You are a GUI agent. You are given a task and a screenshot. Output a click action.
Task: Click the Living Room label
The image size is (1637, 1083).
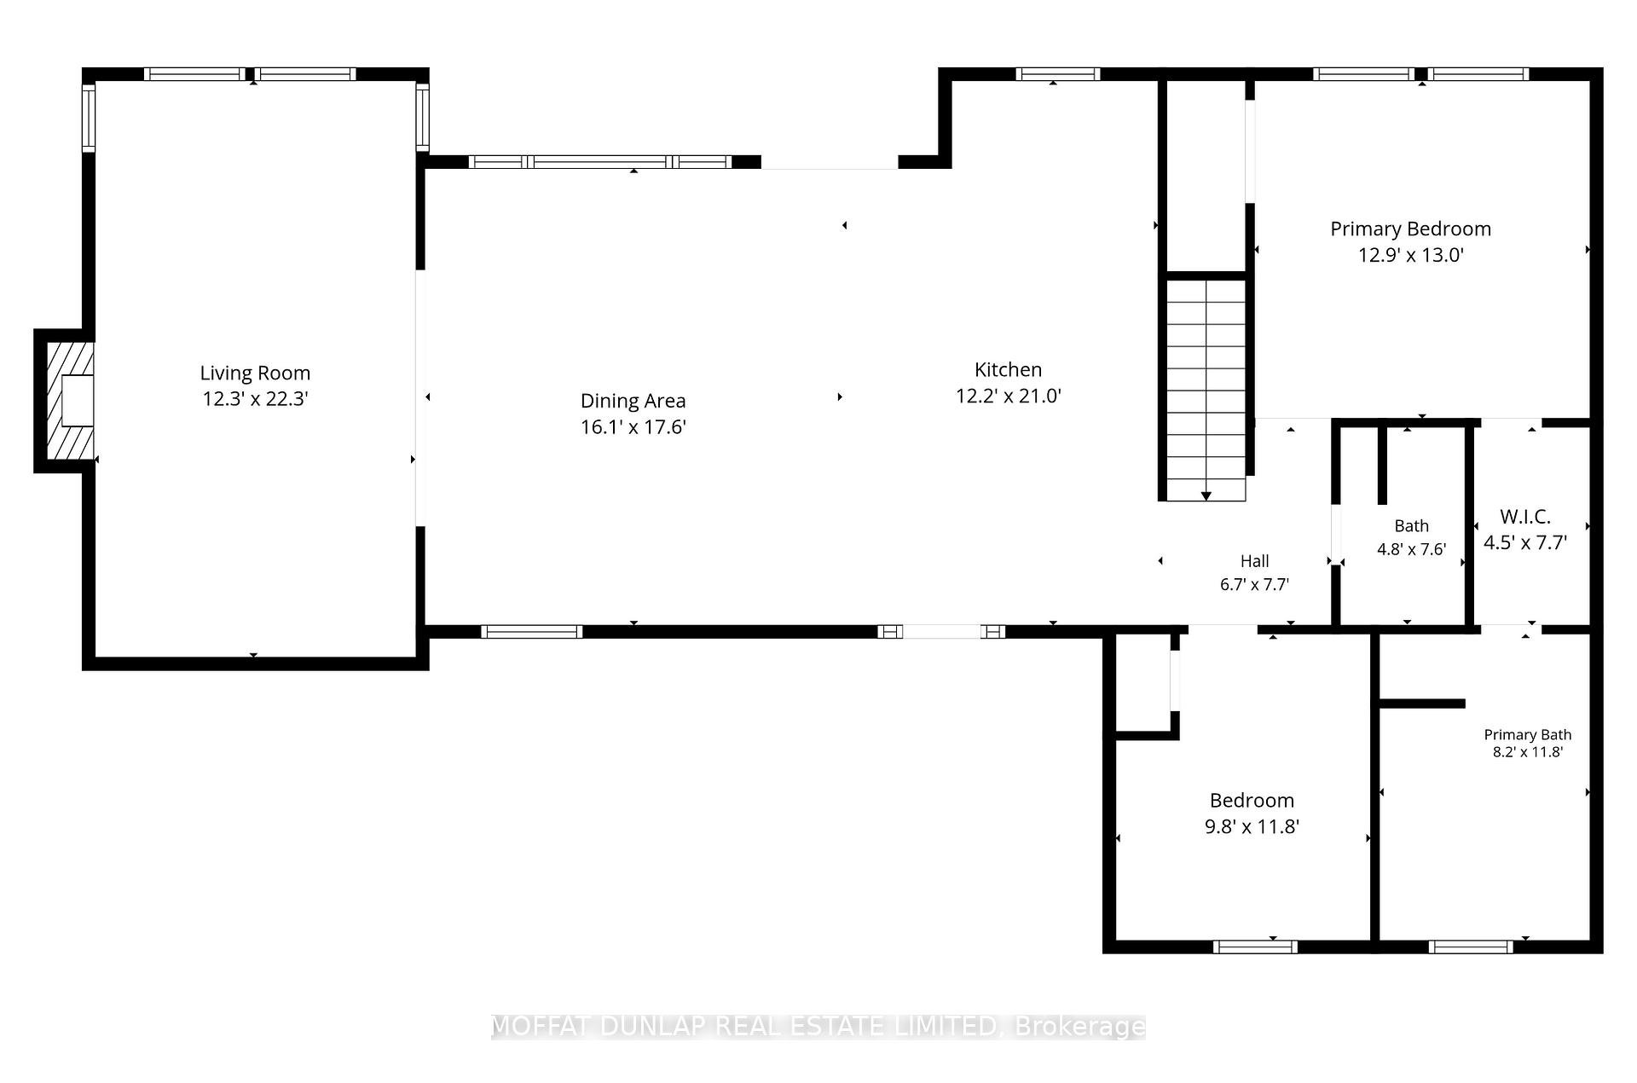[255, 373]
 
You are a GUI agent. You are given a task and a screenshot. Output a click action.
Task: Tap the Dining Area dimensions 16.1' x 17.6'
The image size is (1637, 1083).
[633, 427]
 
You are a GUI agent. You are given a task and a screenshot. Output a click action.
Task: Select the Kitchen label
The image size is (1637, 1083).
[1008, 369]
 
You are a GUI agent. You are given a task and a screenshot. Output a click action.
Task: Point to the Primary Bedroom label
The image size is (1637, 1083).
[1411, 229]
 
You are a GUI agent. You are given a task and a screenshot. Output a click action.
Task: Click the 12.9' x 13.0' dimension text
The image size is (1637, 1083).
[1411, 255]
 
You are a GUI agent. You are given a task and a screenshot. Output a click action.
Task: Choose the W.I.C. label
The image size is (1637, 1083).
[1525, 516]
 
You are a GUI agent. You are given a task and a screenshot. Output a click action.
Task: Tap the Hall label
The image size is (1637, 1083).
[1254, 561]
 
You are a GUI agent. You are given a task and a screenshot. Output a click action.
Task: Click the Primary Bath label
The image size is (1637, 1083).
[1528, 734]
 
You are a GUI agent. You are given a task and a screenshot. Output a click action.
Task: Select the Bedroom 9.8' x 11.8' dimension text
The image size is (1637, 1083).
[1252, 826]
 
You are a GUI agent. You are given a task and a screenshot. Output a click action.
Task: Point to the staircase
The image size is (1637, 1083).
[1206, 390]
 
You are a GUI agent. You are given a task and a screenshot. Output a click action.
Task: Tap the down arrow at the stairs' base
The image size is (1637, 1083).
[1206, 495]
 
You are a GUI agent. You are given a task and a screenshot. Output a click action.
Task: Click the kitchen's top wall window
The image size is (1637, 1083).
[1058, 74]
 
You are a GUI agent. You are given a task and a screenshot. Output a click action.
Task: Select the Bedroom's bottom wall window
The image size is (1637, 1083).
[1255, 947]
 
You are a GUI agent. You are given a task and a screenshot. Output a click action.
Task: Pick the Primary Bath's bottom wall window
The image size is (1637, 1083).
[1471, 947]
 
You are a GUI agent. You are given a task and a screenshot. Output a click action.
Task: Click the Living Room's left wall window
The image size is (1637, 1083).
[89, 117]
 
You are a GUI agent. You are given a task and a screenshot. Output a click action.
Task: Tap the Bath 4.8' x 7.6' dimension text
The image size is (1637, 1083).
[1411, 549]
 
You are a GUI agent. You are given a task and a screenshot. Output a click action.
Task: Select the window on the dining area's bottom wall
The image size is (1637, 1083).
[532, 632]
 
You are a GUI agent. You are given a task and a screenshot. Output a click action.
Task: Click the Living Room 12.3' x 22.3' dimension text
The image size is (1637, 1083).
[255, 399]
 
